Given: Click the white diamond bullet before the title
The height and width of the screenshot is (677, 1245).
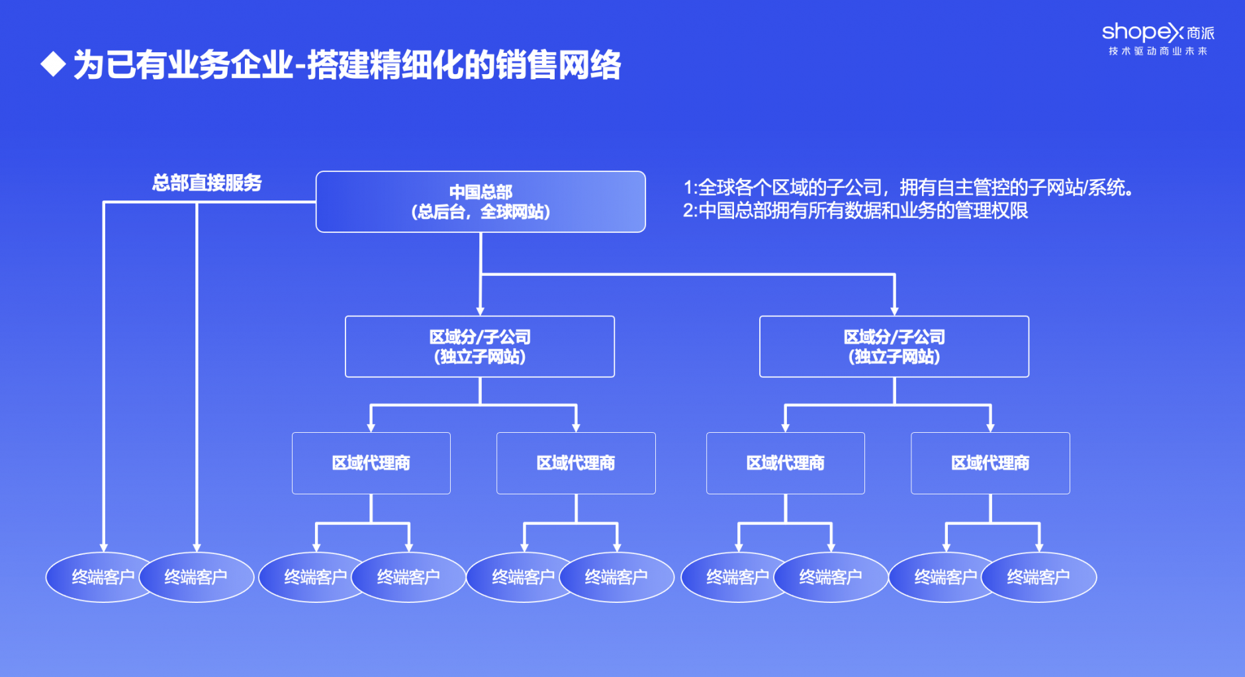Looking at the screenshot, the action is pyautogui.click(x=53, y=65).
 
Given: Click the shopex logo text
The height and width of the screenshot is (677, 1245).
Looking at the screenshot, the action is pyautogui.click(x=1142, y=32).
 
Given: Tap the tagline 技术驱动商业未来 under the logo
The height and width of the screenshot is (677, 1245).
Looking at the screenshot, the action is pyautogui.click(x=1158, y=51).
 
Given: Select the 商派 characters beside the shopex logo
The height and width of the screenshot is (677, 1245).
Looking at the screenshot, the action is pyautogui.click(x=1201, y=33).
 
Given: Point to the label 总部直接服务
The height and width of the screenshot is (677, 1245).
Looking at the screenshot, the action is pyautogui.click(x=207, y=183).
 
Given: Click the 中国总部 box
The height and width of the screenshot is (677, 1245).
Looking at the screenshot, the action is pyautogui.click(x=481, y=202).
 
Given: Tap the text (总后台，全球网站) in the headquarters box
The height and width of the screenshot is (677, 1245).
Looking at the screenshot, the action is pyautogui.click(x=481, y=212).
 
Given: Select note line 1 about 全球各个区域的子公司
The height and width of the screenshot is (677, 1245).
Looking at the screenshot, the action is pyautogui.click(x=908, y=188).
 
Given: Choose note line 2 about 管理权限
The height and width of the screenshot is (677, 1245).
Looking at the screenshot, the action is pyautogui.click(x=856, y=211).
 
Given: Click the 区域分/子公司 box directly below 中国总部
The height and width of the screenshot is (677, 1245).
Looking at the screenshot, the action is pyautogui.click(x=480, y=347).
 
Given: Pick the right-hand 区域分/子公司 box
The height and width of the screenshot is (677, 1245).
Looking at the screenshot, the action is pyautogui.click(x=894, y=347).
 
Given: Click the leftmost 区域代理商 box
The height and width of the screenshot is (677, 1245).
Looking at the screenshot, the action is pyautogui.click(x=371, y=463).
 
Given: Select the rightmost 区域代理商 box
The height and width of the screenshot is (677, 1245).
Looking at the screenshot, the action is pyautogui.click(x=990, y=463).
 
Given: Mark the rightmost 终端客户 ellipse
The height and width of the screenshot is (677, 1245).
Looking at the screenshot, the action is pyautogui.click(x=1038, y=577).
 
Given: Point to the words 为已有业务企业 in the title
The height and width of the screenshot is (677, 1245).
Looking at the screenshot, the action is pyautogui.click(x=183, y=65).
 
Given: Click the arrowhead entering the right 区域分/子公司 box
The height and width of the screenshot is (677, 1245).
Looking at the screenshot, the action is pyautogui.click(x=894, y=311).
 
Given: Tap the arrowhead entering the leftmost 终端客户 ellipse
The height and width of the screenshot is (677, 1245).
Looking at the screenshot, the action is pyautogui.click(x=103, y=547).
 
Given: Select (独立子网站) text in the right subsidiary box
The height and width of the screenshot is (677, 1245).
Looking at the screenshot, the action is pyautogui.click(x=894, y=357).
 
